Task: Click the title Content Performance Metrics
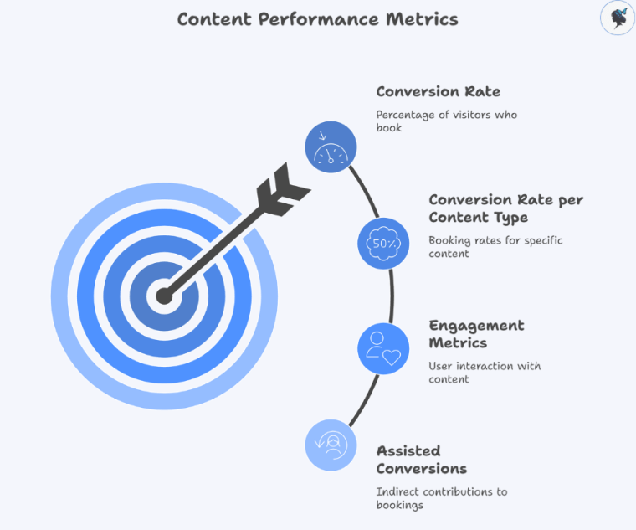317,19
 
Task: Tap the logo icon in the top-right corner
618,18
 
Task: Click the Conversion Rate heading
439,92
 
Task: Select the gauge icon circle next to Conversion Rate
331,147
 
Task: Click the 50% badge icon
383,243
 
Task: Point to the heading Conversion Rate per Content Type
505,208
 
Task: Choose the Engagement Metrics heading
476,334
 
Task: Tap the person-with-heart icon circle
383,348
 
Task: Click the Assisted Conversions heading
421,460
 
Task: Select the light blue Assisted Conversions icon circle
331,445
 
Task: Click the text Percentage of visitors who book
446,121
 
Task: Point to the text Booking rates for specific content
495,247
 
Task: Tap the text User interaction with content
485,373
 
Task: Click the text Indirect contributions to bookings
441,498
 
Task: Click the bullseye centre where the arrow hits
165,296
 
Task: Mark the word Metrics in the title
422,19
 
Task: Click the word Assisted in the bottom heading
408,451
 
